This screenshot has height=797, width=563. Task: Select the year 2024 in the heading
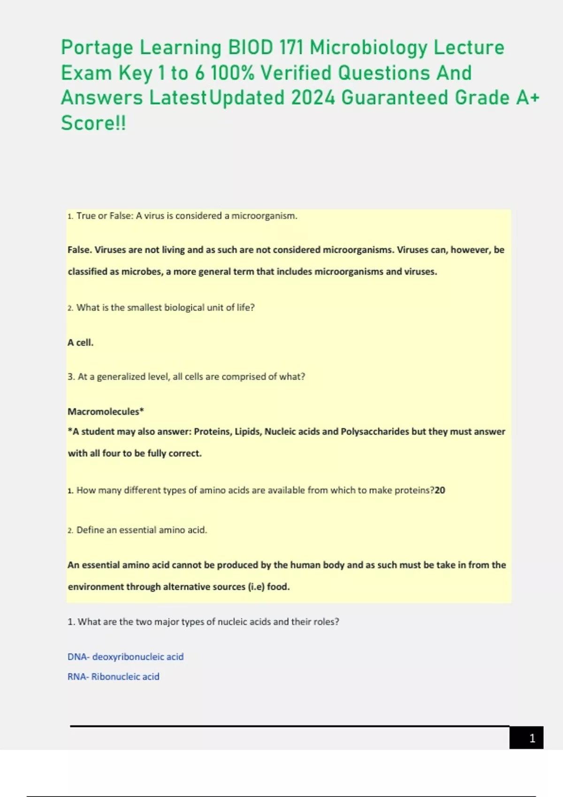[313, 98]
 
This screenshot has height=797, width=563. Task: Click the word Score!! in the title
[93, 123]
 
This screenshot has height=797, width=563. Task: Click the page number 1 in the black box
[532, 738]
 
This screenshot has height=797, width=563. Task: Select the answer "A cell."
[80, 343]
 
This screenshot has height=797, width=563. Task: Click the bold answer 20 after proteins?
[440, 490]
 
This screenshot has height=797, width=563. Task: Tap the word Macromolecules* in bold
[106, 412]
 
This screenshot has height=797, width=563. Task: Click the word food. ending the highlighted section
[278, 587]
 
